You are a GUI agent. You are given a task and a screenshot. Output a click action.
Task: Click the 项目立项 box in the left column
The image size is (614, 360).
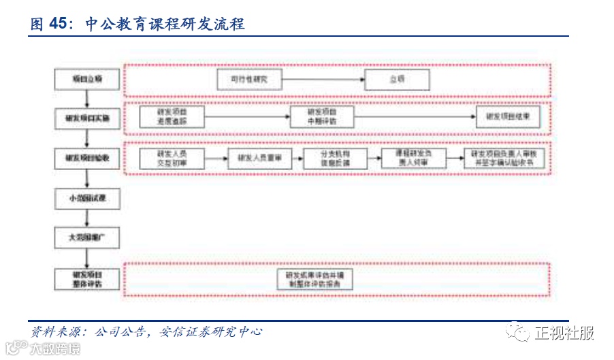[87, 80]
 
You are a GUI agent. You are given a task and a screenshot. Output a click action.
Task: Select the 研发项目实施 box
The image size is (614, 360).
[87, 119]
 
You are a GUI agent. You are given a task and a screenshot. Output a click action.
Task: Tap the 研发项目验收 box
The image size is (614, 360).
[87, 159]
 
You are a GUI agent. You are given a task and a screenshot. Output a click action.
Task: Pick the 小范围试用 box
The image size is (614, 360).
[87, 199]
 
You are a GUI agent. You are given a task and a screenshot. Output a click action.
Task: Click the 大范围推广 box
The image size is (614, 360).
[87, 238]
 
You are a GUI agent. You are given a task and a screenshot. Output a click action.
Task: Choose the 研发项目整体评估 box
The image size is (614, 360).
[87, 278]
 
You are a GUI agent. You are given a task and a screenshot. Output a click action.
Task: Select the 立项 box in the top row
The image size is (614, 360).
[397, 80]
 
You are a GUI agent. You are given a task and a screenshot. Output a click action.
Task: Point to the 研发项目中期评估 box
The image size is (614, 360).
[321, 117]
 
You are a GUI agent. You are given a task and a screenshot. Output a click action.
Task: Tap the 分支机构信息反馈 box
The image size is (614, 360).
[335, 159]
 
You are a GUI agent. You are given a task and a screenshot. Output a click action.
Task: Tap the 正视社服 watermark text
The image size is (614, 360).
[564, 333]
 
